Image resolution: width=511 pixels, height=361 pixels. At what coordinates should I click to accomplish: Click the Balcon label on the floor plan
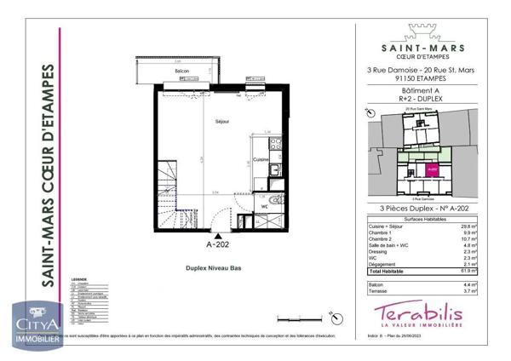pyautogui.click(x=181, y=71)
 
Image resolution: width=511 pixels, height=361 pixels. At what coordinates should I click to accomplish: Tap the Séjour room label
pyautogui.click(x=222, y=122)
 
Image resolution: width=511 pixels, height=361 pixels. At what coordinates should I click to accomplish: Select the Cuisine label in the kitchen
pyautogui.click(x=261, y=159)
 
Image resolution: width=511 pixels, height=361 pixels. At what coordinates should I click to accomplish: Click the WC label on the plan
pyautogui.click(x=265, y=205)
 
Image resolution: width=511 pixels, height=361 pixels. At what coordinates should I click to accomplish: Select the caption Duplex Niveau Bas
pyautogui.click(x=215, y=267)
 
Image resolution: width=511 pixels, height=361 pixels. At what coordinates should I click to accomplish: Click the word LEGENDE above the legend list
pyautogui.click(x=79, y=278)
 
